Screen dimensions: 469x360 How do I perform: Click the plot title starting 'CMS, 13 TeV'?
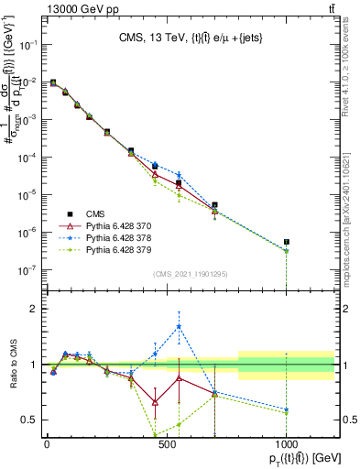(191, 38)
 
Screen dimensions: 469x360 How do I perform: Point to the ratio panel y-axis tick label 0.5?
(29, 420)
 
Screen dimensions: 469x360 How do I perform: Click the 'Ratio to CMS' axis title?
(11, 364)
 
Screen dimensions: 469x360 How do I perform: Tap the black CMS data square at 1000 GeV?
(287, 242)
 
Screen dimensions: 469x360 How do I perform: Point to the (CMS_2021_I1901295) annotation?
(191, 274)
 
